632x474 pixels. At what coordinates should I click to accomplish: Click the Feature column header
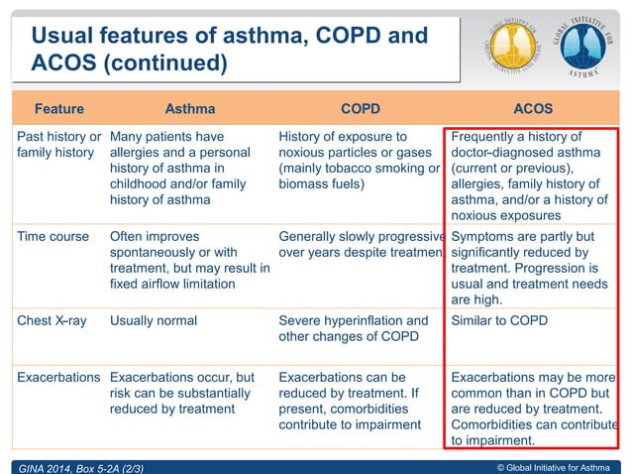58,108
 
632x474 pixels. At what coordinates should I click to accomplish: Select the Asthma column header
189,108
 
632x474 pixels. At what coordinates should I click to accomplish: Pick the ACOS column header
533,108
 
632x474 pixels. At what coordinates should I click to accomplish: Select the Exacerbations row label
58,378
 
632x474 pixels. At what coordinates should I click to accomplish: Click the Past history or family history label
58,145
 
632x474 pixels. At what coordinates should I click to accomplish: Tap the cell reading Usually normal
154,320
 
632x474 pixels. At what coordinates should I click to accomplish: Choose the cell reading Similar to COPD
499,320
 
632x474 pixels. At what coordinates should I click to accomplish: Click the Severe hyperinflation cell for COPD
354,328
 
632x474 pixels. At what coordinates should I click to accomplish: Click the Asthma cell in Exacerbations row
183,394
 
